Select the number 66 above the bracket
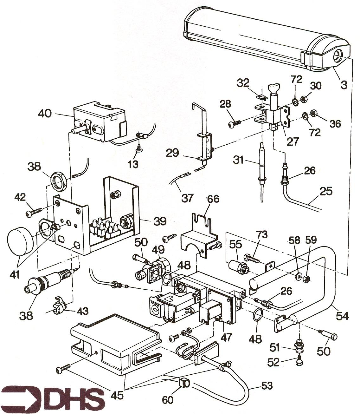click(x=213, y=200)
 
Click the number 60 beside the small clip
click(x=168, y=400)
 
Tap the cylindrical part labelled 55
click(x=237, y=266)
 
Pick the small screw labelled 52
click(x=298, y=360)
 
